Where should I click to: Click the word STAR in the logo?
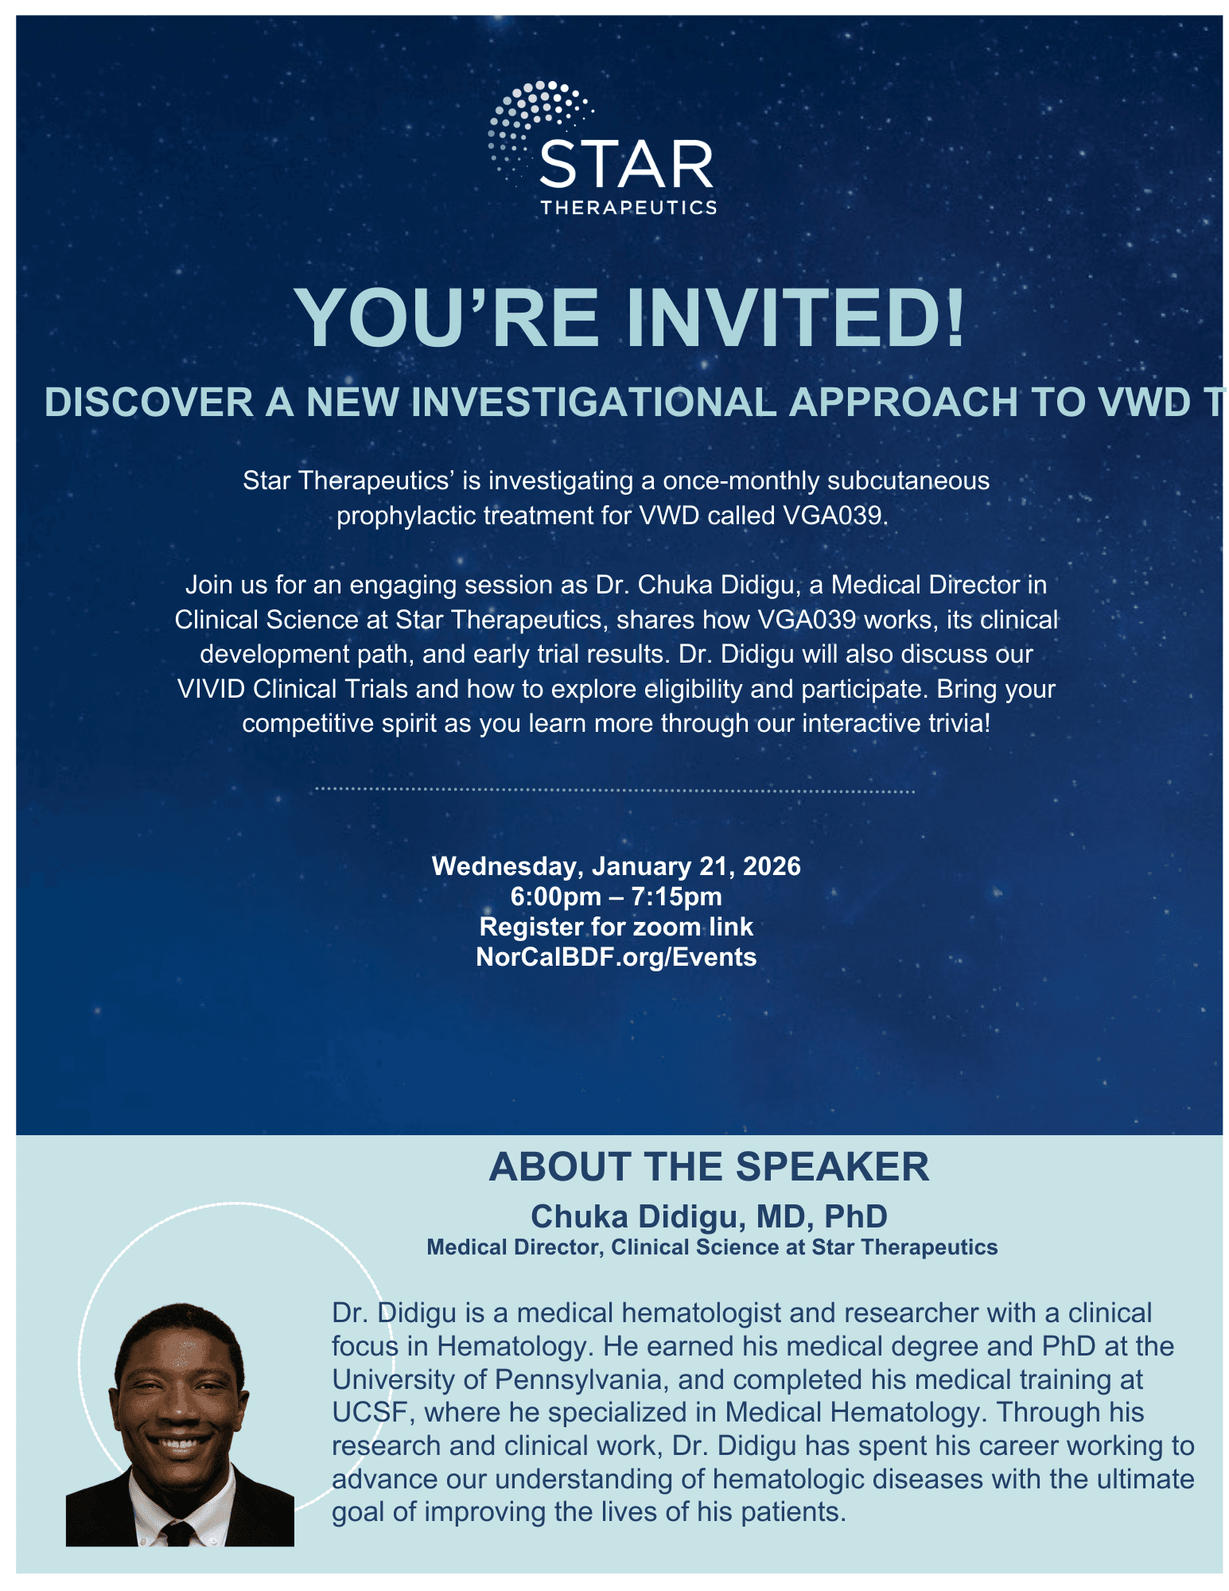pos(626,165)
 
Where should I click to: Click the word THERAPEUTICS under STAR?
pos(628,208)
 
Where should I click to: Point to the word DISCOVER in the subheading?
pos(149,403)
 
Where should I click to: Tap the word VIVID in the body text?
pos(211,689)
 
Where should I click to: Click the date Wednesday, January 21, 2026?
pos(616,866)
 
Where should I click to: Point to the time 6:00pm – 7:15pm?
pos(616,897)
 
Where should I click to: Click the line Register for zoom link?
pos(616,927)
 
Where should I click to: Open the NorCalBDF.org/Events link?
pos(616,957)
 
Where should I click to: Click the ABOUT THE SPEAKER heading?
pos(709,1167)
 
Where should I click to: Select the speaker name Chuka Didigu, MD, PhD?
pos(709,1216)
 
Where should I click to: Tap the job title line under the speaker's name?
pos(712,1247)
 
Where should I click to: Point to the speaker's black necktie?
pos(177,1532)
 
